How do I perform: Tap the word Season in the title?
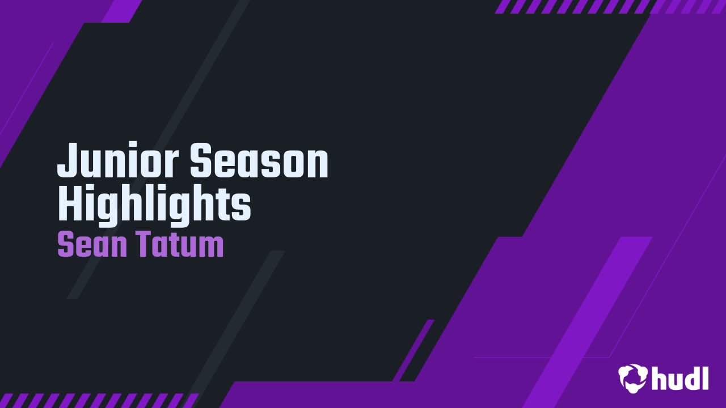point(259,161)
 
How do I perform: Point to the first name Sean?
point(91,245)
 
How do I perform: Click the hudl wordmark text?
point(680,378)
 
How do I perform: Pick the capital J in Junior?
point(66,161)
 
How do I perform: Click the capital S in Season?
point(201,161)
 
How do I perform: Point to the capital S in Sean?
point(66,245)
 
